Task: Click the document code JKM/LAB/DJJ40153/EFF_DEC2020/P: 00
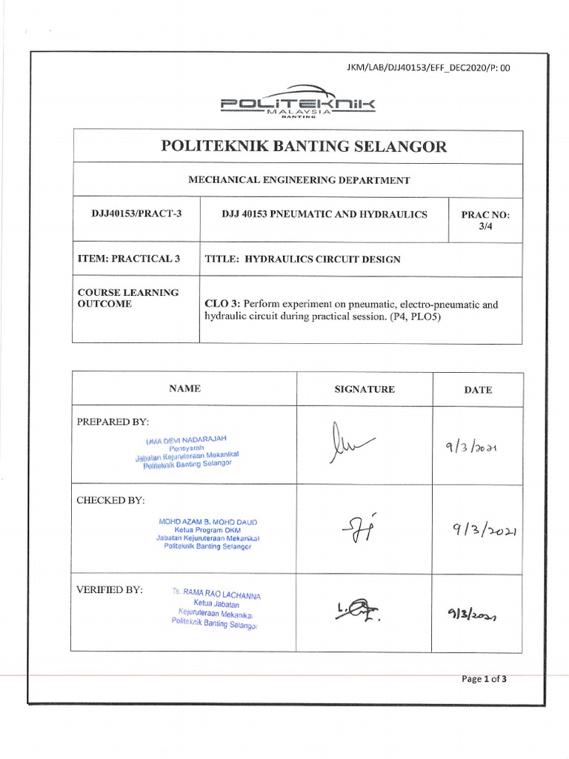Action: click(428, 68)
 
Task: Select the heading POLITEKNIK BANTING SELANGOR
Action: click(304, 147)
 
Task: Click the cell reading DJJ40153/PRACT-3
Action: click(136, 214)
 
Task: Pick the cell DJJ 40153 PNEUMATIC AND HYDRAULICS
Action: click(325, 214)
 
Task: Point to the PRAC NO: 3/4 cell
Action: click(485, 220)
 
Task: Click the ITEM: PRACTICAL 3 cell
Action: click(129, 259)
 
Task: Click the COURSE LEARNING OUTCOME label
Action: click(128, 298)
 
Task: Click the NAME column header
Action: click(184, 388)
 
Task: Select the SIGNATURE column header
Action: click(365, 389)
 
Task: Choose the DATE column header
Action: click(478, 389)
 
